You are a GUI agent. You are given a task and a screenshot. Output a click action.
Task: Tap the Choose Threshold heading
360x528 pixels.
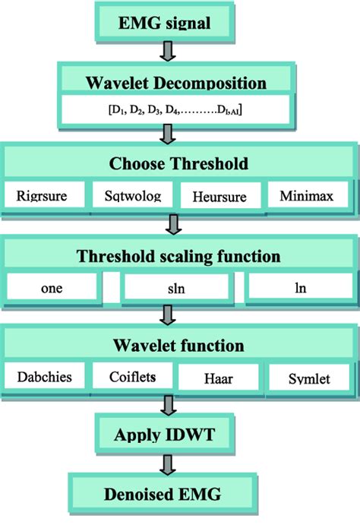[x=179, y=163]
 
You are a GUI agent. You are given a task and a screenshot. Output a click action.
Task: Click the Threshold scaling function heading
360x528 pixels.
[x=179, y=256]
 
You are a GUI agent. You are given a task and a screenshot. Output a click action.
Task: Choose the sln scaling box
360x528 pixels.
[x=175, y=287]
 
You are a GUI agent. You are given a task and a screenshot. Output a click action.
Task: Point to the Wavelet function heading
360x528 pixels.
[x=179, y=346]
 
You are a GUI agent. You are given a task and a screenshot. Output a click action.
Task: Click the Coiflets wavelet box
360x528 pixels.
[x=132, y=376]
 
